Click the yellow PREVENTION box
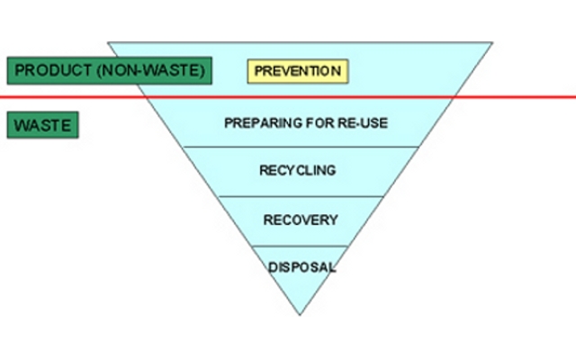pyautogui.click(x=296, y=70)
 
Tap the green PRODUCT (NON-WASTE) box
pyautogui.click(x=109, y=70)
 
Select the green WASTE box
pyautogui.click(x=42, y=124)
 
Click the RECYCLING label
pyautogui.click(x=298, y=170)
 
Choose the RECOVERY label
pyautogui.click(x=301, y=220)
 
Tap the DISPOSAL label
pyautogui.click(x=301, y=267)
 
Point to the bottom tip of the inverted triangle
pyautogui.click(x=301, y=314)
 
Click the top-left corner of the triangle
pyautogui.click(x=109, y=41)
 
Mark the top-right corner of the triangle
pyautogui.click(x=492, y=41)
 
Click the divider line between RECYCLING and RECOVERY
pyautogui.click(x=301, y=196)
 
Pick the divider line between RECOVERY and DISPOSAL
pyautogui.click(x=301, y=245)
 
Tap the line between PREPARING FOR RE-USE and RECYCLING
pyautogui.click(x=301, y=146)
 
